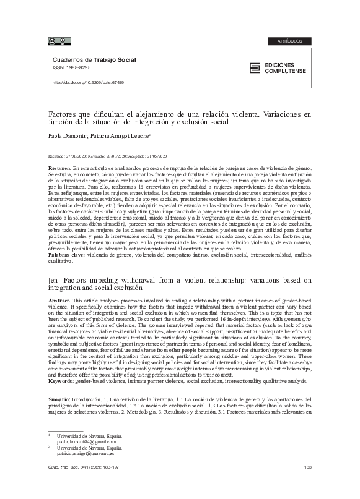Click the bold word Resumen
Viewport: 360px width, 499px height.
pyautogui.click(x=59, y=169)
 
